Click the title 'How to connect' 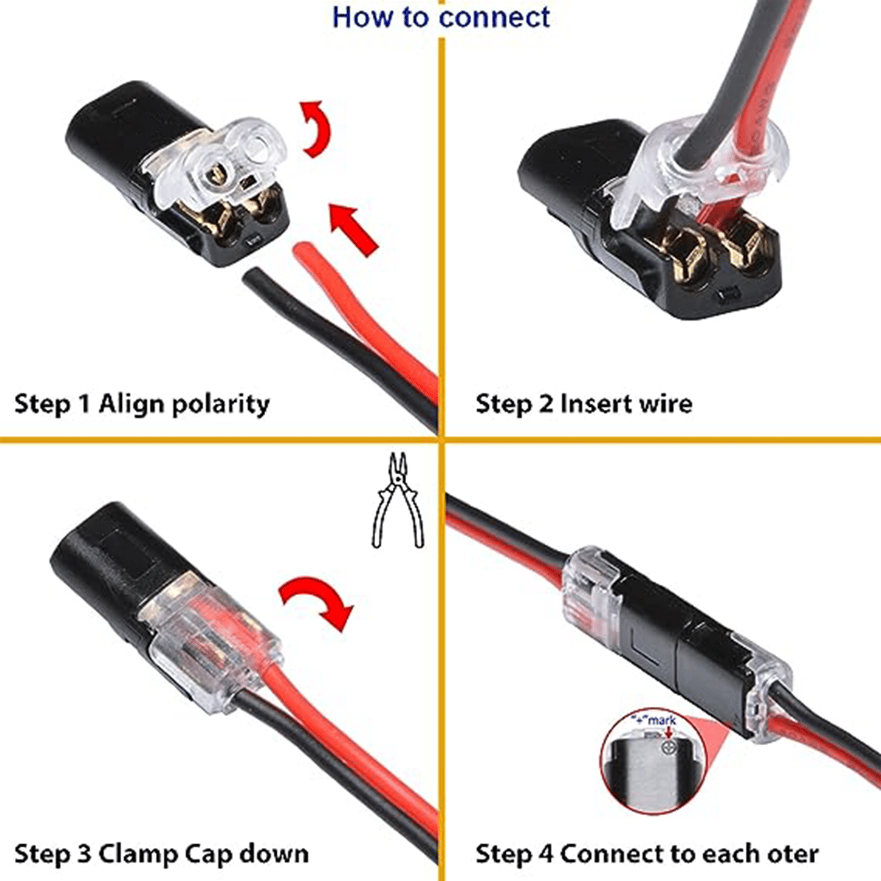[440, 17]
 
